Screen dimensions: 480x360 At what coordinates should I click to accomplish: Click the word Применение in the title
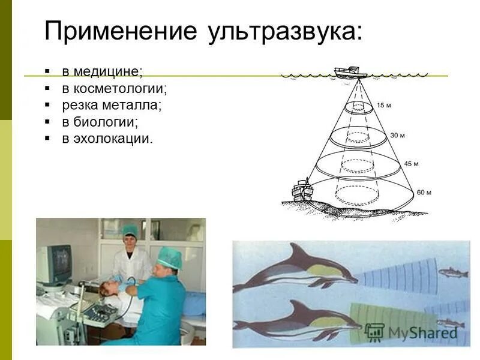[x=121, y=31]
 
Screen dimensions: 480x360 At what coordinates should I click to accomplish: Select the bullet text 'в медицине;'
[x=103, y=72]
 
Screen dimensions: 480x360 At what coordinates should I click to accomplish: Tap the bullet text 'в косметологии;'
[x=115, y=89]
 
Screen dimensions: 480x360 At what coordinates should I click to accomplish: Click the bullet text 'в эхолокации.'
[x=108, y=139]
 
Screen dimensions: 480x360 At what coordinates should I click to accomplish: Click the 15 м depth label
[x=384, y=106]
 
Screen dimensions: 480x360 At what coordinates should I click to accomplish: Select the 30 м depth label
[x=397, y=136]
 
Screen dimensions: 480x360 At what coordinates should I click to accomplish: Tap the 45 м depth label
[x=411, y=163]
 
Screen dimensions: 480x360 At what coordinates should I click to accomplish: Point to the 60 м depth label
[x=424, y=193]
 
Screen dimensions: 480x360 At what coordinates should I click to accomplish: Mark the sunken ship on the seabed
[x=301, y=190]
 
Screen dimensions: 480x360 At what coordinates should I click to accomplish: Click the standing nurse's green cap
[x=130, y=230]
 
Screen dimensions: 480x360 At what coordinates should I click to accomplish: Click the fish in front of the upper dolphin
[x=453, y=273]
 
